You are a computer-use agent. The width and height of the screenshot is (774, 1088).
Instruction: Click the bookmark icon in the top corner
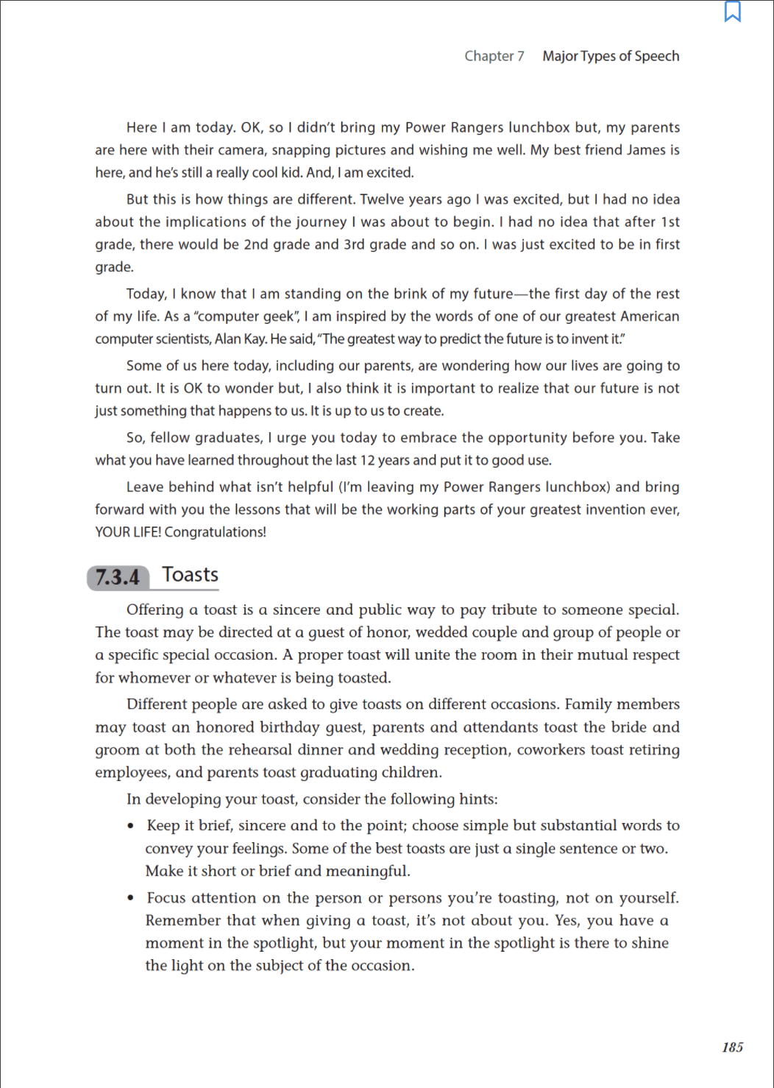[733, 12]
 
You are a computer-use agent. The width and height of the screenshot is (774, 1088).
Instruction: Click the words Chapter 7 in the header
[494, 56]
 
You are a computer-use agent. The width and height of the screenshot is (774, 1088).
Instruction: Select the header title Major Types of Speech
[611, 56]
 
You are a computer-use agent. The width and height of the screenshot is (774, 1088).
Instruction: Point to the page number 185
[732, 1047]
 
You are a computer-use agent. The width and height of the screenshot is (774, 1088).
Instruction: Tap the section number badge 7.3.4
[118, 577]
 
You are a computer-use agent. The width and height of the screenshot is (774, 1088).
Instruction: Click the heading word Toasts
[190, 574]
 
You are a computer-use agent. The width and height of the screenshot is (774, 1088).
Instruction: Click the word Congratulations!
[216, 531]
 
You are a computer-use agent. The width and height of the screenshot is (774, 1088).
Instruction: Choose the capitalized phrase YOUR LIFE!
[128, 531]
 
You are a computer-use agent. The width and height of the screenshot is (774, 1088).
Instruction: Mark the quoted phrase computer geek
[244, 317]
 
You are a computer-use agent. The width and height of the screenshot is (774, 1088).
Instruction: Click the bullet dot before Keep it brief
[131, 826]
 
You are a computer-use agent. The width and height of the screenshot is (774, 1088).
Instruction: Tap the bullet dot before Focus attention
[131, 898]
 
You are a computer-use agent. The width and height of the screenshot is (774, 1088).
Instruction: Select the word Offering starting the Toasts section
[155, 610]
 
